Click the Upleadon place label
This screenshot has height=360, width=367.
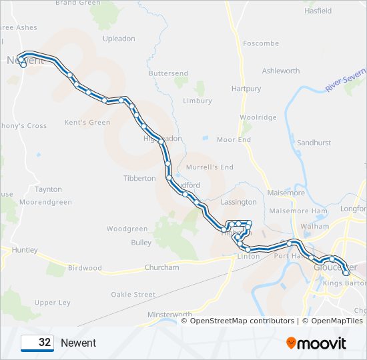click(119, 39)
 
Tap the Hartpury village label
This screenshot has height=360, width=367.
click(246, 89)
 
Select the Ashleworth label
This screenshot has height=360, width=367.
click(281, 71)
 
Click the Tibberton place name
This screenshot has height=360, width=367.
click(139, 179)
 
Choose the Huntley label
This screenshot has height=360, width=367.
click(25, 250)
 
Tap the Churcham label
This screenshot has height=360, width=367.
click(162, 267)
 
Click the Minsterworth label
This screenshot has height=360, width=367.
click(169, 315)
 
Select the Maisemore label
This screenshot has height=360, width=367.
click(285, 193)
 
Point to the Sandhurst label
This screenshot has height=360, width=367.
click(314, 143)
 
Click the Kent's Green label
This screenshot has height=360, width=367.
click(87, 123)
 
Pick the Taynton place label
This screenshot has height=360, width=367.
click(48, 189)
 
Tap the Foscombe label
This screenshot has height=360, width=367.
click(261, 43)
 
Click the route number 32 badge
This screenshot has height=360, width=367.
click(37, 343)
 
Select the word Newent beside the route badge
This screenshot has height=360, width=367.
click(78, 343)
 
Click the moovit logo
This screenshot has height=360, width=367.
click(316, 343)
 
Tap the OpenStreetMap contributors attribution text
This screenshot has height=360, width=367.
click(242, 321)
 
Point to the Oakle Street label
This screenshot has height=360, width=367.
click(133, 295)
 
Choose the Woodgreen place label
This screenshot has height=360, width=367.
click(127, 229)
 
